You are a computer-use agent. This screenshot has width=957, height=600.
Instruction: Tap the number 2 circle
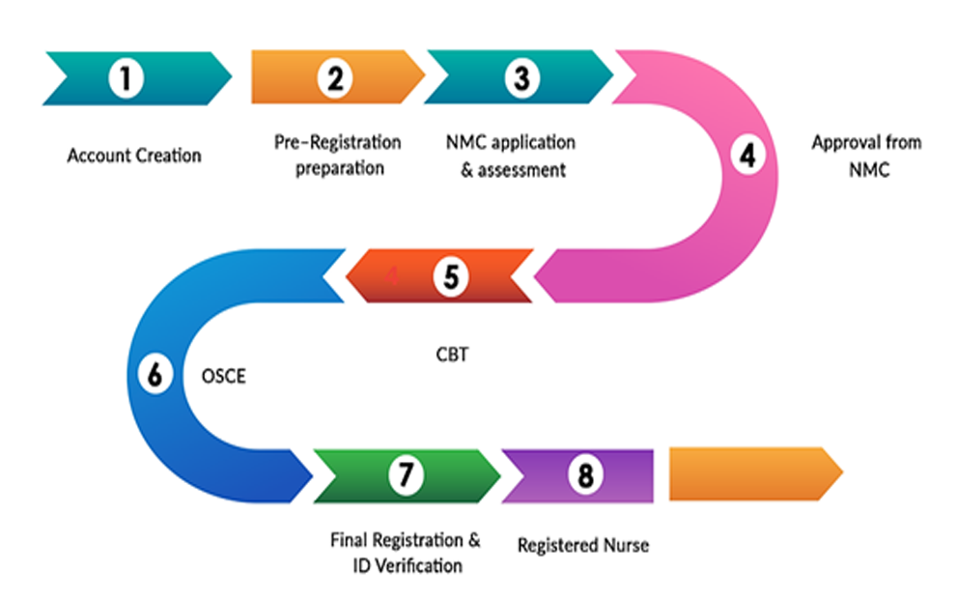click(334, 77)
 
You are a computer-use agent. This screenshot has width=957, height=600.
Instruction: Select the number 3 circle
click(521, 77)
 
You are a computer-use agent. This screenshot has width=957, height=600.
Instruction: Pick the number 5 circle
click(450, 276)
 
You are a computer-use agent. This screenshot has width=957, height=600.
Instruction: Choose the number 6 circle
click(155, 374)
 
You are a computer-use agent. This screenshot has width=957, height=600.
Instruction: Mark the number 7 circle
click(406, 474)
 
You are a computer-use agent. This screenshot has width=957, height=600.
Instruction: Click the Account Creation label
click(134, 155)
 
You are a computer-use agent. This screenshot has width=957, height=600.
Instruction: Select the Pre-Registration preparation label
click(337, 155)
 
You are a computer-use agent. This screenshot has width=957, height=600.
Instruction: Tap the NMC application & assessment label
click(511, 157)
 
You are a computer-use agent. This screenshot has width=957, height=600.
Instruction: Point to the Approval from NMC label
click(866, 155)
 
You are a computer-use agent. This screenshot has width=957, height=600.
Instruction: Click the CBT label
click(451, 355)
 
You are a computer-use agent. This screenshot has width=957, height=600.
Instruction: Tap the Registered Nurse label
click(583, 546)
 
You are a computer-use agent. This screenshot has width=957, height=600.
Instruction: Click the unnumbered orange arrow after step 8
click(754, 473)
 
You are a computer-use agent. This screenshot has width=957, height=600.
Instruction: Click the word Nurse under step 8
click(627, 546)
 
